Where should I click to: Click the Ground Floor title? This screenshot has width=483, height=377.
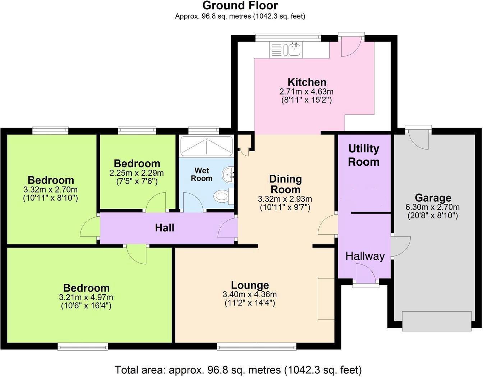(x=240, y=6)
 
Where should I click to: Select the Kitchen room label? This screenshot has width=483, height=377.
(x=307, y=82)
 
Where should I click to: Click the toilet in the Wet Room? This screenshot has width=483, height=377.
(x=222, y=196)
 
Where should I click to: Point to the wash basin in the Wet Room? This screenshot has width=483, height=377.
(x=228, y=174)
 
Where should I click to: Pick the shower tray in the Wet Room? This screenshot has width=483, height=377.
(x=206, y=147)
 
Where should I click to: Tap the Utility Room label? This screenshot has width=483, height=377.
(x=364, y=155)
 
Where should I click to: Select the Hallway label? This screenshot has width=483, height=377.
(x=365, y=256)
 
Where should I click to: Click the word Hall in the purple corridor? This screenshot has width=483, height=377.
(x=165, y=227)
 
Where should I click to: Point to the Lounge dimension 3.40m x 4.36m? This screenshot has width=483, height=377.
(x=250, y=295)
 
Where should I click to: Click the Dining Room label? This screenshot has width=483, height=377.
(x=285, y=184)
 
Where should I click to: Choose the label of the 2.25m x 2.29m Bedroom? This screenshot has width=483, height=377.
(x=137, y=164)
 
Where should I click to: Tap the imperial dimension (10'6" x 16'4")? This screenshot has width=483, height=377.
(x=86, y=306)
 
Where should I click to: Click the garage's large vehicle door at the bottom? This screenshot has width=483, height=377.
(x=436, y=321)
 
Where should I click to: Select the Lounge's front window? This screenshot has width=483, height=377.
(x=256, y=346)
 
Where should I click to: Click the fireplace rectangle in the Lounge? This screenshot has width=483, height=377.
(x=326, y=298)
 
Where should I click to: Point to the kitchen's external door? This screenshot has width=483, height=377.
(x=351, y=45)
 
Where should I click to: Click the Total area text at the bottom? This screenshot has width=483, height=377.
(x=238, y=369)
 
